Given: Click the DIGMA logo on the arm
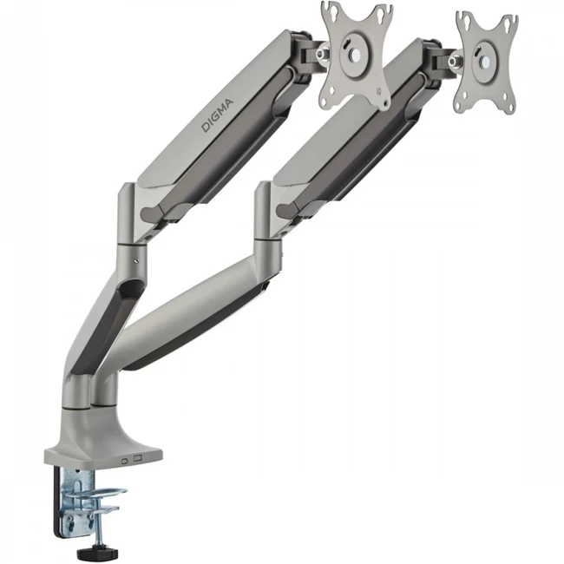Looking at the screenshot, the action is click(217, 115).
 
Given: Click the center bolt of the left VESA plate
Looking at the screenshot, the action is click(356, 54).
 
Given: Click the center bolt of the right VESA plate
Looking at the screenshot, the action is click(485, 62).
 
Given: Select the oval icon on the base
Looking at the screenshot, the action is click(125, 461).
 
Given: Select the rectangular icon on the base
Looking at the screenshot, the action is click(138, 459).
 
